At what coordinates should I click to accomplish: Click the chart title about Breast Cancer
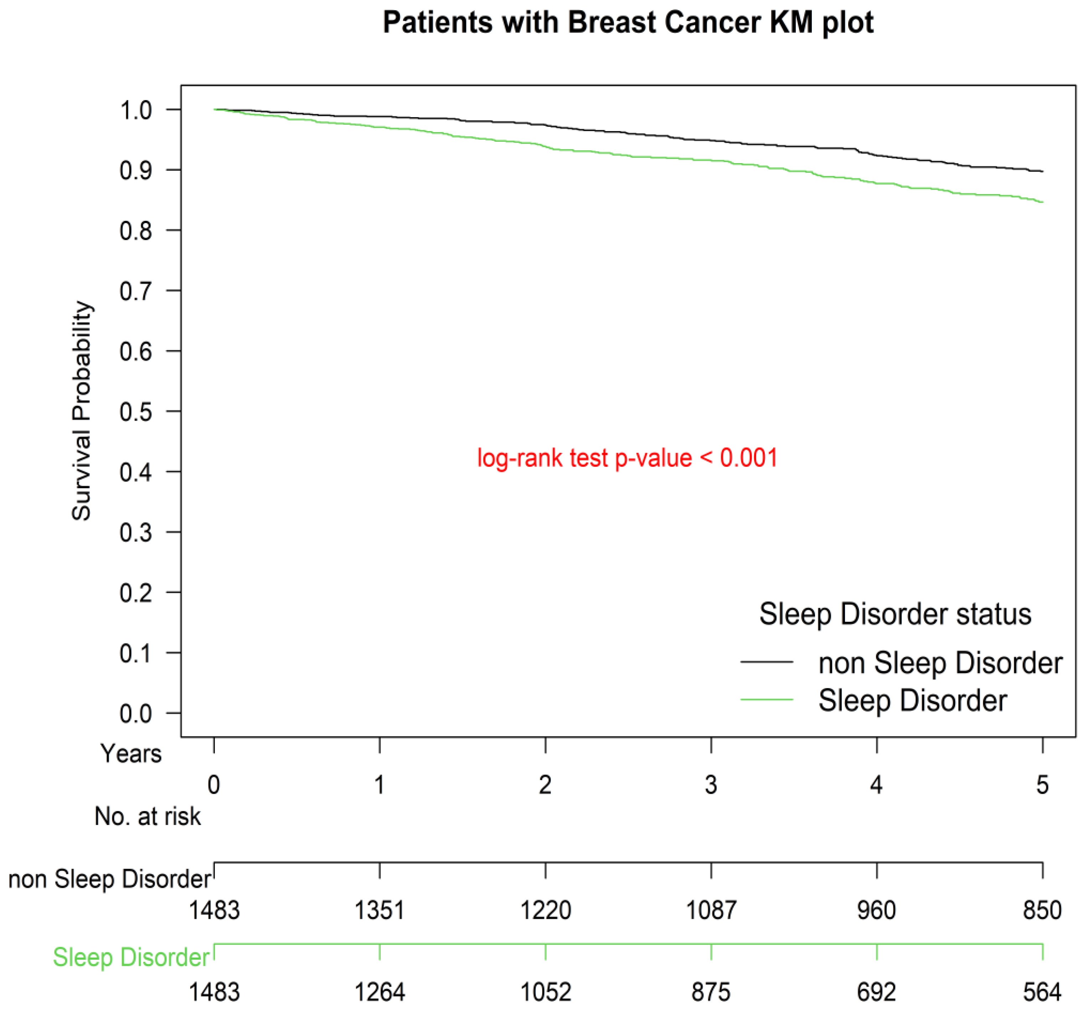pyautogui.click(x=628, y=23)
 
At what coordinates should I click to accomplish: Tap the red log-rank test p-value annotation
pyautogui.click(x=627, y=458)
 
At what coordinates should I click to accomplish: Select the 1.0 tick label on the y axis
pyautogui.click(x=136, y=110)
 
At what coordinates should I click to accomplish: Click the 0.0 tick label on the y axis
pyautogui.click(x=136, y=714)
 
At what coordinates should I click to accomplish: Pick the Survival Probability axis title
pyautogui.click(x=82, y=411)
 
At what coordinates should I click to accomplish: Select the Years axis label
pyautogui.click(x=131, y=754)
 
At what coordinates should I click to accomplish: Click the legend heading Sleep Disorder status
pyautogui.click(x=895, y=614)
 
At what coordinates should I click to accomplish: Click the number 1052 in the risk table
pyautogui.click(x=545, y=992)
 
